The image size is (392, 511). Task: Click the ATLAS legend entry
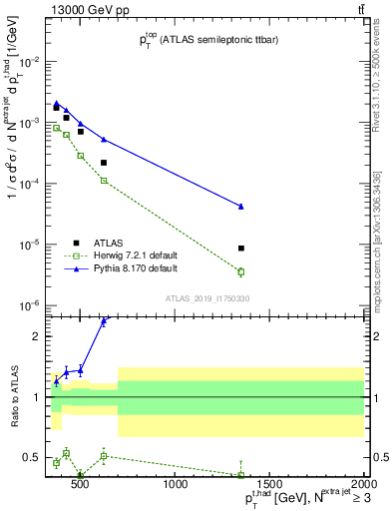point(107,243)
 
